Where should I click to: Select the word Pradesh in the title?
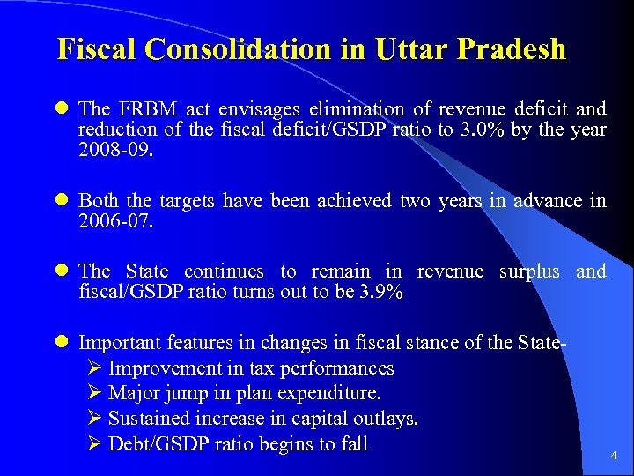click(516, 49)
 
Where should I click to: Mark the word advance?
click(545, 201)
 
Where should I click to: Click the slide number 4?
click(614, 457)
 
